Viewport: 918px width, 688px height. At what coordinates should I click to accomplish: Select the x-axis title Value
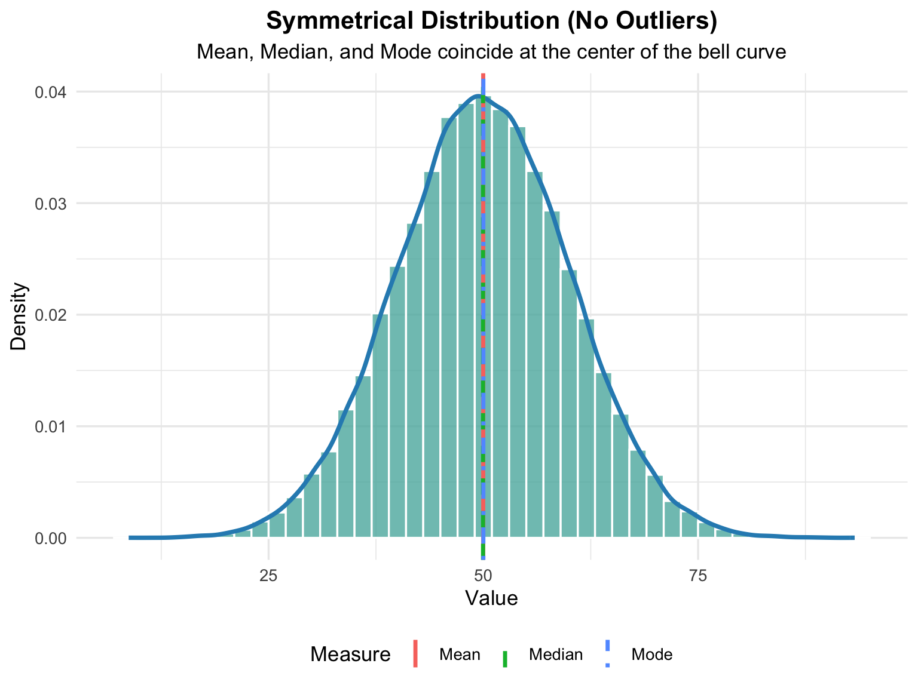[x=491, y=598]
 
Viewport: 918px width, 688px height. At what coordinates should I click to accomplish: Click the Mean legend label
[x=460, y=655]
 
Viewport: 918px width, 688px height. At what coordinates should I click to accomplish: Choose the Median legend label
[x=556, y=655]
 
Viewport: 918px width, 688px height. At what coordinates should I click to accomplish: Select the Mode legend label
[x=652, y=655]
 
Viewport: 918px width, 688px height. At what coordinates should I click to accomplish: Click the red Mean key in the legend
[x=416, y=654]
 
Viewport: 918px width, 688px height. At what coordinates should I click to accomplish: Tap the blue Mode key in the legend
[x=608, y=654]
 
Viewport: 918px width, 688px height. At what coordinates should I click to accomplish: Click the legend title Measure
[x=350, y=655]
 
